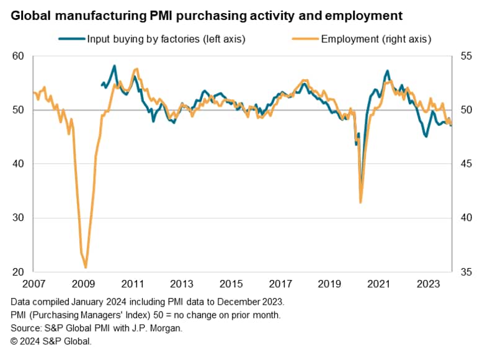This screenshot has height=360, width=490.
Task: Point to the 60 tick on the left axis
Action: tap(18, 56)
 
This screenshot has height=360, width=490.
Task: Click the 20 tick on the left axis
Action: tap(18, 272)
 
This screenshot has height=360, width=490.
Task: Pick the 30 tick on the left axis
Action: tap(18, 218)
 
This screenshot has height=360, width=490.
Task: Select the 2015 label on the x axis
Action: tap(231, 284)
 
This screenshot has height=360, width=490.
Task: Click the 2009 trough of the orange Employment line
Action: tap(86, 267)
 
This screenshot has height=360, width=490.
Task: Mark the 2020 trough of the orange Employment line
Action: tap(360, 202)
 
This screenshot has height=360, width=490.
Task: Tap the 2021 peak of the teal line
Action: tap(388, 71)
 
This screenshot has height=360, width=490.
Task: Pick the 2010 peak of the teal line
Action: tap(114, 65)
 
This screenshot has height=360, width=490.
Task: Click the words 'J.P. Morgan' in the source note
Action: tap(163, 328)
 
